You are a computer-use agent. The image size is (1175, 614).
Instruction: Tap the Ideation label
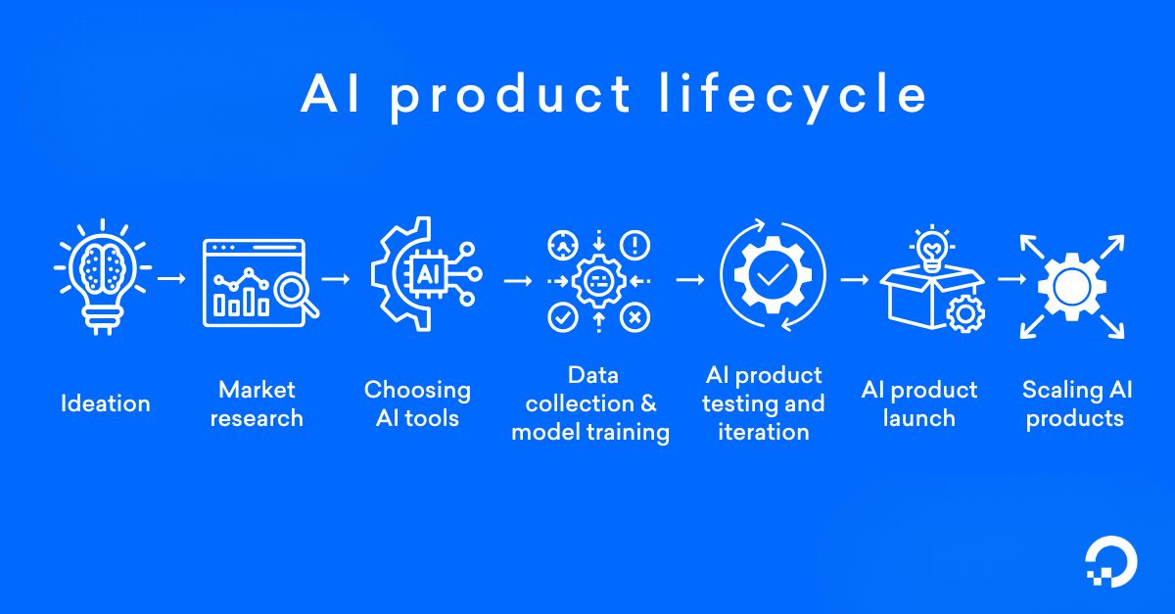coord(105,403)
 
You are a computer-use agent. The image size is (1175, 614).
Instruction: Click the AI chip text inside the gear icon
coord(427,274)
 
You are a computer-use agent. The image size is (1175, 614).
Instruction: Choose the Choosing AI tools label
coord(417,403)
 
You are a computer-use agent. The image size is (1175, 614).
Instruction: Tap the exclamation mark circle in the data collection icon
coord(635,244)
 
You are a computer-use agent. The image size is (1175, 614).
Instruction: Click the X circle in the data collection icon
coord(635,316)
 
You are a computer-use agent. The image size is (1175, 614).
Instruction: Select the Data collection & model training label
coord(590,403)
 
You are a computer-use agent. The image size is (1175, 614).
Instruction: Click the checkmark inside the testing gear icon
coord(773,276)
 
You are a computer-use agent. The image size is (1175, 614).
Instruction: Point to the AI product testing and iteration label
coord(764,403)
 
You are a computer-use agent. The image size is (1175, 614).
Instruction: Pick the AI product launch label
coord(918,403)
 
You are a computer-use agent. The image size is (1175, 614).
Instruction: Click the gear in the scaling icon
coord(1071,285)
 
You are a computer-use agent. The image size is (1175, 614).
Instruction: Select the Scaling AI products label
coord(1076,403)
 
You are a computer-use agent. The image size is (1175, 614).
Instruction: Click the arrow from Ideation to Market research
coord(171,279)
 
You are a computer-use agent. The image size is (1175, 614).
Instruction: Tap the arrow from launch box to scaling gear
coord(1010,279)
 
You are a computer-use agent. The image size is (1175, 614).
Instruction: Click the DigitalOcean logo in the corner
coord(1111,565)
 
